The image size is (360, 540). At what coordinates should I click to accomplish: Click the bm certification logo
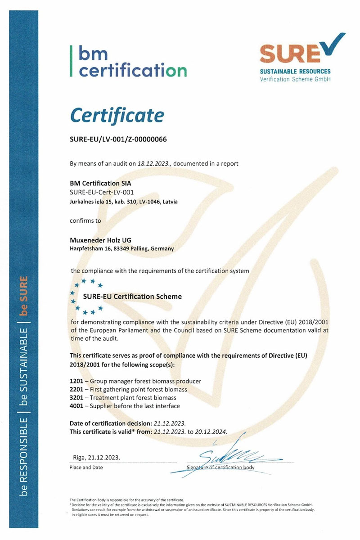pyautogui.click(x=128, y=62)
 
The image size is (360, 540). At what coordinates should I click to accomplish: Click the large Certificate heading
pyautogui.click(x=117, y=115)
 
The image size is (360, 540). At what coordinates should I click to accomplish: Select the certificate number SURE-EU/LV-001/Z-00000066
pyautogui.click(x=118, y=139)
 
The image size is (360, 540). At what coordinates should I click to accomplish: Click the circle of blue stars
pyautogui.click(x=86, y=297)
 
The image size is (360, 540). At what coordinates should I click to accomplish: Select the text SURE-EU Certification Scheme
pyautogui.click(x=133, y=297)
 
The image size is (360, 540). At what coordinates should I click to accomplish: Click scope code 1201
pyautogui.click(x=77, y=381)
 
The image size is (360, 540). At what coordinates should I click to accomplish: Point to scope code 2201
pyautogui.click(x=77, y=389)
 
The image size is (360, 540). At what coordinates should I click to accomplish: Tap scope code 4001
pyautogui.click(x=77, y=406)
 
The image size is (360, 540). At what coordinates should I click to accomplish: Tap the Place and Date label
pyautogui.click(x=86, y=468)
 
